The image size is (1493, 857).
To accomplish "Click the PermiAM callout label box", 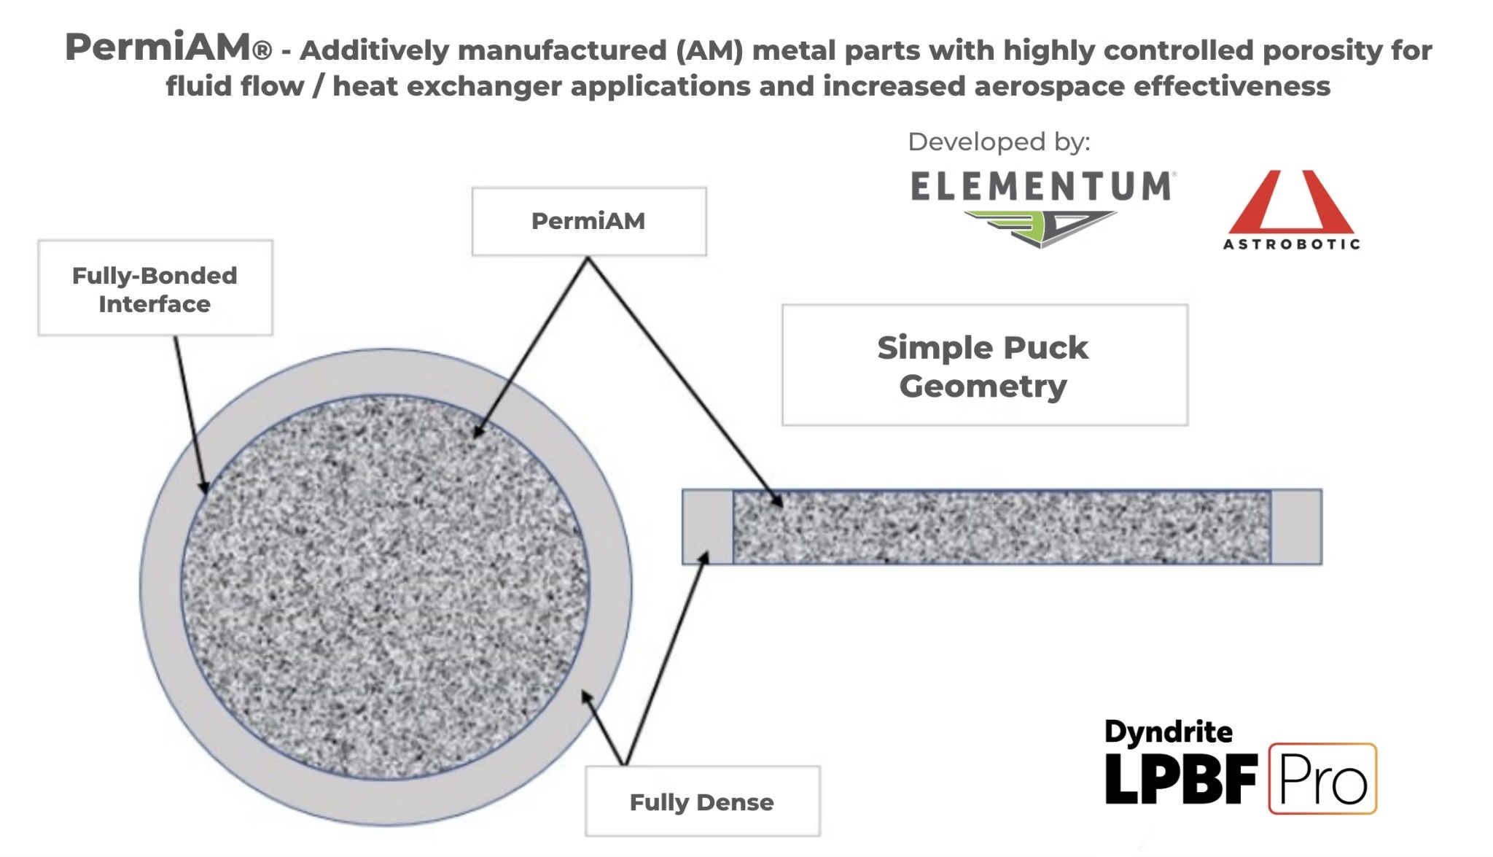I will point(588,221).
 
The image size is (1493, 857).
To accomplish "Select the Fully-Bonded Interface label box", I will point(155,288).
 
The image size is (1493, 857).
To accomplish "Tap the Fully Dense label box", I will point(701,802).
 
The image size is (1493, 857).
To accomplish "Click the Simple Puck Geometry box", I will point(984,365).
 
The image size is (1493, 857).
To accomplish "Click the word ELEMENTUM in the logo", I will point(1042,187).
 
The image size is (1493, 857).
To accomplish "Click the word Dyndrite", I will point(1168,732).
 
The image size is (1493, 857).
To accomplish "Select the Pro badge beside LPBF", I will point(1322,779).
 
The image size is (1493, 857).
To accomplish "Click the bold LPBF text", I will point(1181,779).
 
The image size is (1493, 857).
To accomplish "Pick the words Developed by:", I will point(999,141).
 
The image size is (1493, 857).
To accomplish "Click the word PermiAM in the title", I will point(159,47).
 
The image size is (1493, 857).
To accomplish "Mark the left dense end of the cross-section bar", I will point(707,527).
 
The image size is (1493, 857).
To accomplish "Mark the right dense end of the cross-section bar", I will point(1296,527).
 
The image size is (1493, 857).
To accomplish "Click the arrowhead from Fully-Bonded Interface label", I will point(205,488).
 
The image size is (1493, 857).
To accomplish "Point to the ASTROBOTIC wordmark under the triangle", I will point(1291,244).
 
